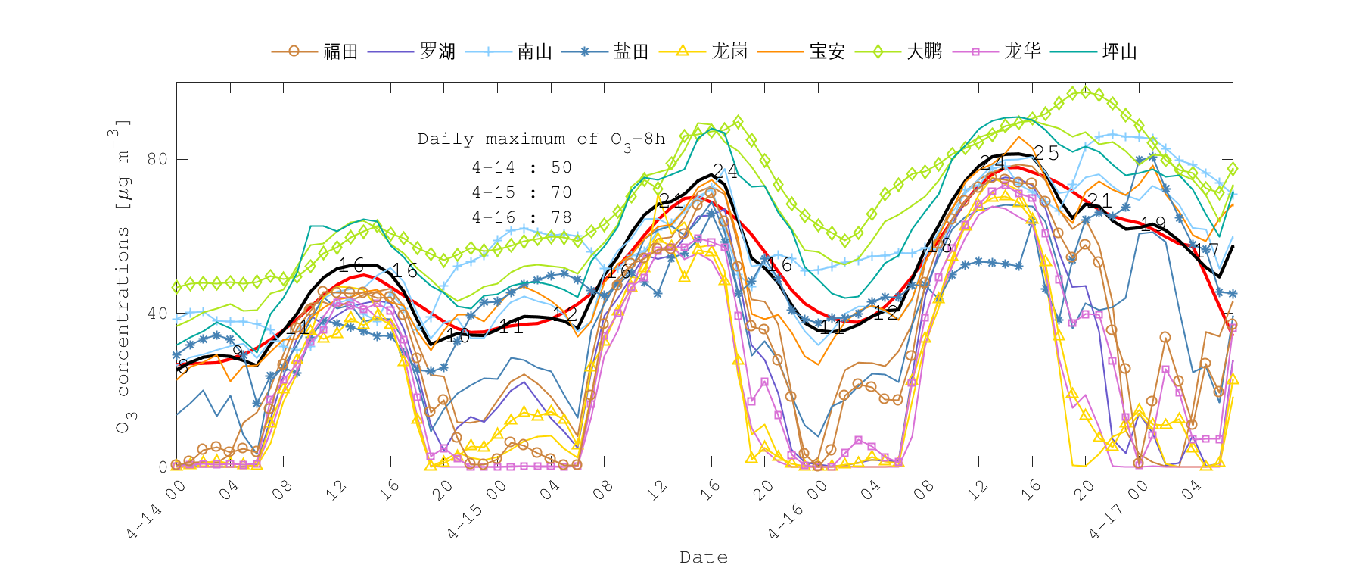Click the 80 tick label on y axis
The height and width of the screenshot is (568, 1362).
coord(157,159)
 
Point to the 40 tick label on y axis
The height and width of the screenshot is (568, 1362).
coord(157,314)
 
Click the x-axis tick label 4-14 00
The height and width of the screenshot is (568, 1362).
coord(156,510)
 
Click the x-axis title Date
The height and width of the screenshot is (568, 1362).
coord(704,557)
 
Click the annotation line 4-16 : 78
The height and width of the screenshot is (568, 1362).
coord(521,217)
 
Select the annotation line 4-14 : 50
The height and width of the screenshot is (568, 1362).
coord(521,167)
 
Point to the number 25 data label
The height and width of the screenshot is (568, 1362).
coord(1046,153)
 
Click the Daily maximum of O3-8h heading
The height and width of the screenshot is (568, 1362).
coord(541,139)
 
